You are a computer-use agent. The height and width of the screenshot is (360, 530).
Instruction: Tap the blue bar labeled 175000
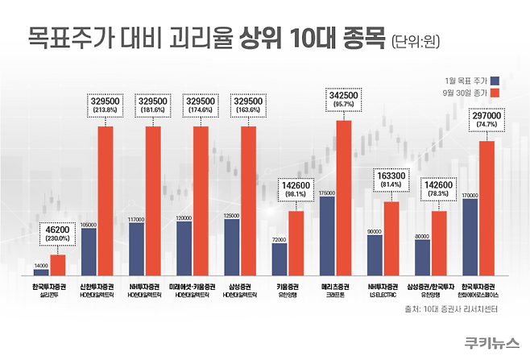click(327, 236)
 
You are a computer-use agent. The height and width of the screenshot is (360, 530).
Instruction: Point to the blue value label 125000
click(231, 215)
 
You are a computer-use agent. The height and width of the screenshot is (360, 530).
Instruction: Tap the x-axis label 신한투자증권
click(97, 287)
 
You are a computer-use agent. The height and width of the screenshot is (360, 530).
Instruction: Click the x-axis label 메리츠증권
click(335, 287)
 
